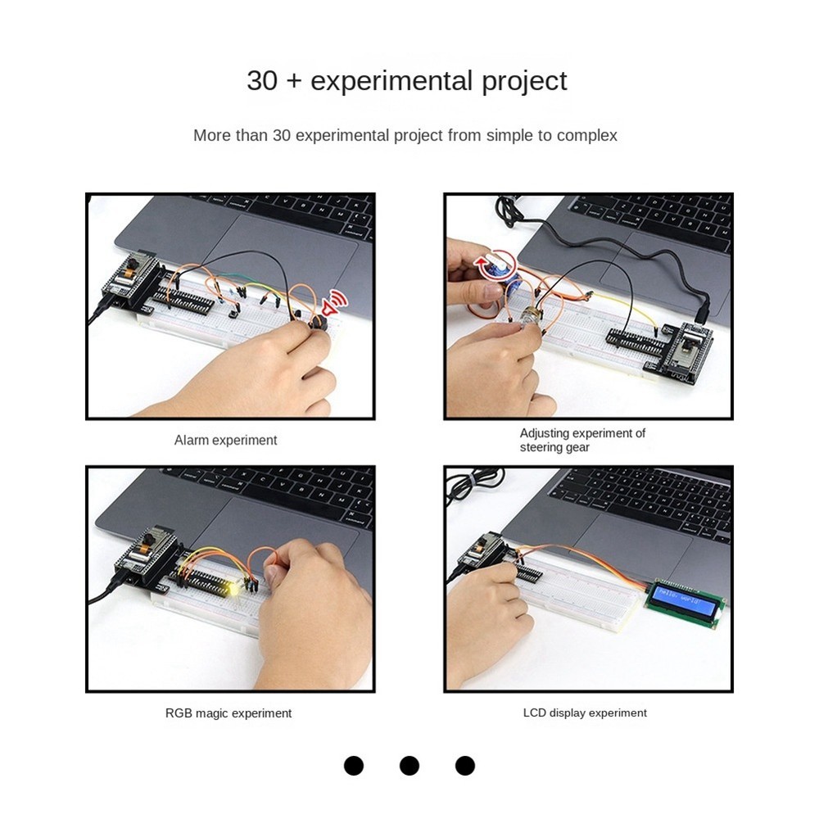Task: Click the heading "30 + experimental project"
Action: [406, 81]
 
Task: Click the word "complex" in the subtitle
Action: [586, 135]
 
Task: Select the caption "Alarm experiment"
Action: [225, 441]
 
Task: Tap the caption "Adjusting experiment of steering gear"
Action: [581, 440]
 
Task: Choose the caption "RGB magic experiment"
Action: [228, 713]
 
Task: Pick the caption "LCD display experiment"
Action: [585, 713]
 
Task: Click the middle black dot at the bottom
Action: [409, 766]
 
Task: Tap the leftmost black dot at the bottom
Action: [354, 766]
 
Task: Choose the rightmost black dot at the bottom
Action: [465, 766]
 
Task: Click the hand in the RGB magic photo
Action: [311, 606]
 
